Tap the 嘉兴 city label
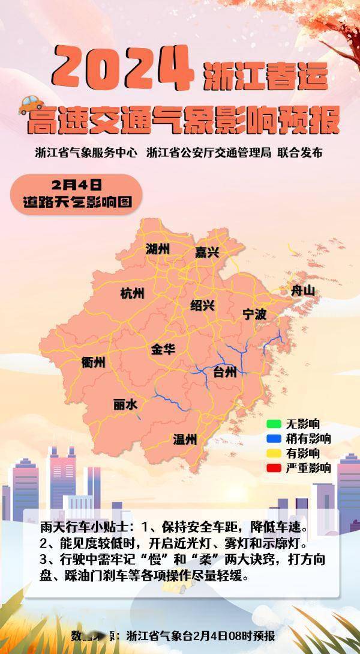(x=207, y=253)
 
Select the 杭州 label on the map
(x=133, y=293)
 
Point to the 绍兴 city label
(x=202, y=305)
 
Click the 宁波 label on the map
(x=254, y=314)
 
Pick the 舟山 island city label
(x=302, y=291)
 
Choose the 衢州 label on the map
(x=94, y=362)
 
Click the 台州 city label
(x=225, y=372)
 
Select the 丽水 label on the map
(x=125, y=405)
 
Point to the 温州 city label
(x=185, y=439)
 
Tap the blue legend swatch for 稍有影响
(x=274, y=439)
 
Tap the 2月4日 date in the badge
(x=76, y=183)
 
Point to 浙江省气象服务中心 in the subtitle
(x=86, y=153)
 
